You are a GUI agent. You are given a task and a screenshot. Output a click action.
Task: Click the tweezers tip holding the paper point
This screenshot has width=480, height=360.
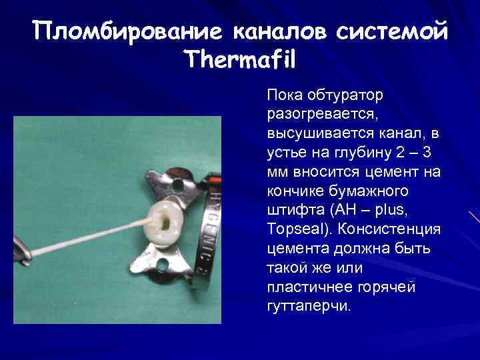coord(23,257)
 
